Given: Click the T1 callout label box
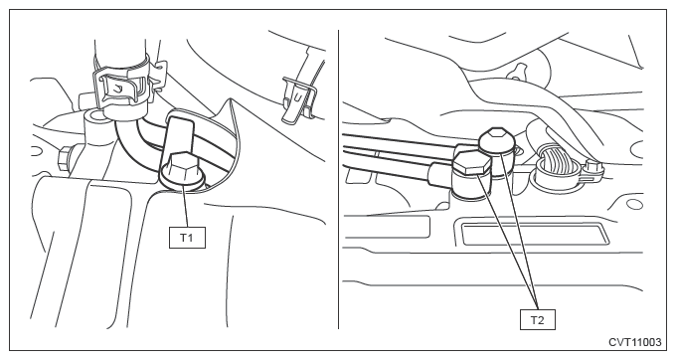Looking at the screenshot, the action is tap(187, 238).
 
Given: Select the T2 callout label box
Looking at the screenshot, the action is tap(537, 320).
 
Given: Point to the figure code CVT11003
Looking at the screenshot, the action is tap(634, 342).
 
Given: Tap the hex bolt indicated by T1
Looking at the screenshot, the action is tap(181, 169).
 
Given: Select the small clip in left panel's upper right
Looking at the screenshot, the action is tap(298, 99).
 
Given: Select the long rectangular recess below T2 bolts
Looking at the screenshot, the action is tap(534, 234).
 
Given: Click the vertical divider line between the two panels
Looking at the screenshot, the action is tap(339, 179).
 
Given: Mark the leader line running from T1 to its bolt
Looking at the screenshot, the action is tap(185, 206).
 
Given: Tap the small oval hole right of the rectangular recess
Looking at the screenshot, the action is tap(633, 204).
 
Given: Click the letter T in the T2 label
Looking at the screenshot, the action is tap(534, 320).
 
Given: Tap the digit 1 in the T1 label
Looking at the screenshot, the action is tap(190, 238).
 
